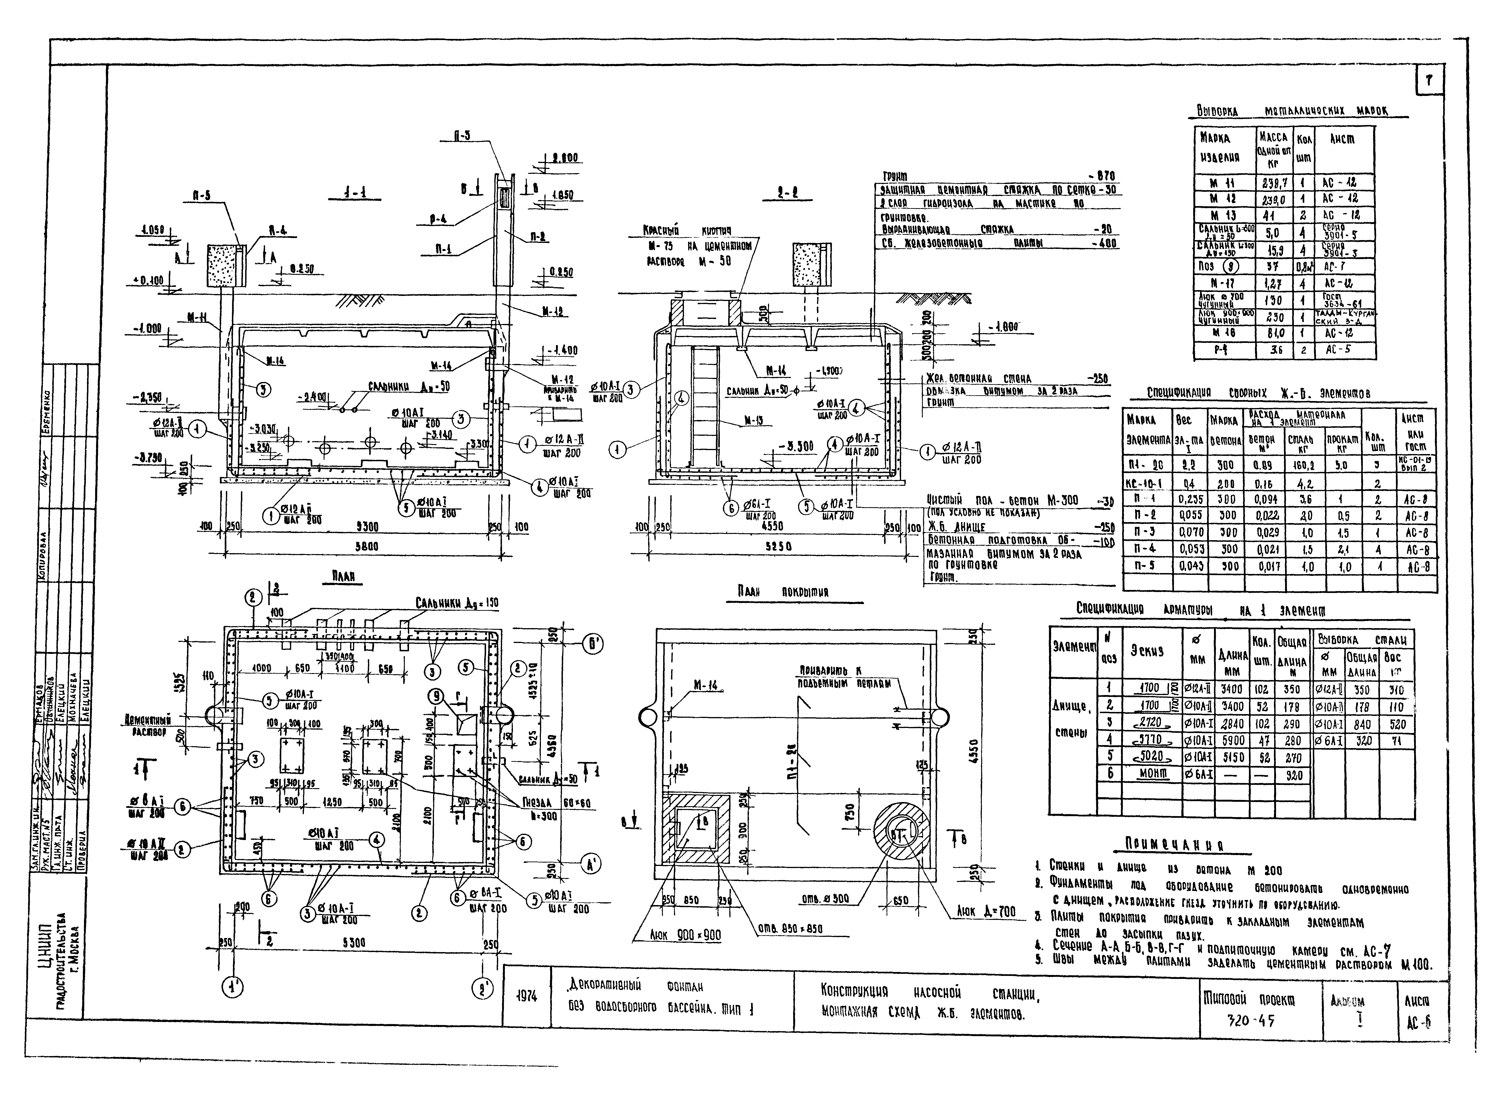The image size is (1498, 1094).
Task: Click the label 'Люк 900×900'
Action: coord(685,934)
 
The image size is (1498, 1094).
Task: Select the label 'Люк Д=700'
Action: coord(985,912)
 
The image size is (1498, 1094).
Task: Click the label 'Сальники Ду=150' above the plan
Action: coord(457,603)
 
